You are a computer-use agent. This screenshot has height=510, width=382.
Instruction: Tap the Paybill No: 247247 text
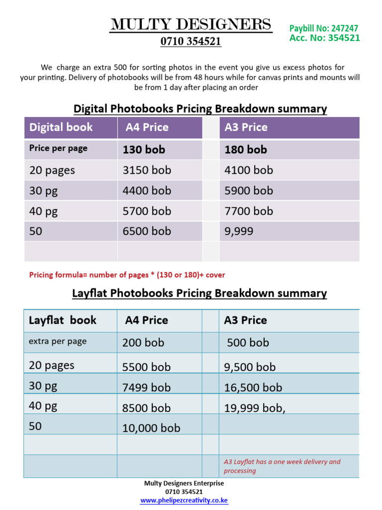click(x=324, y=29)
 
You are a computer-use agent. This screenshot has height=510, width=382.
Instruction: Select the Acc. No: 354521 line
click(x=325, y=38)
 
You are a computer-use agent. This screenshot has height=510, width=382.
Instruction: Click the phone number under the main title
click(x=191, y=42)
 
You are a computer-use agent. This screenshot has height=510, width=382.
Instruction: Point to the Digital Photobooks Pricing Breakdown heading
click(x=200, y=109)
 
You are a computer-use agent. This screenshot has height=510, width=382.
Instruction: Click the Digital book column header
click(x=61, y=127)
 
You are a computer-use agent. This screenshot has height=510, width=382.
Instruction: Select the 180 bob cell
click(x=246, y=149)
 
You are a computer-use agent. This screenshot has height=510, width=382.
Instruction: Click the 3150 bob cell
click(x=147, y=170)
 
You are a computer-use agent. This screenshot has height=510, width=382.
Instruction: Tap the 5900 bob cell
click(x=249, y=191)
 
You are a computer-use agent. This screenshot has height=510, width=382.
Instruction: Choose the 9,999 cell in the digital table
click(x=239, y=231)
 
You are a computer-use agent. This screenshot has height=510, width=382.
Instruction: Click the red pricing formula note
click(x=127, y=275)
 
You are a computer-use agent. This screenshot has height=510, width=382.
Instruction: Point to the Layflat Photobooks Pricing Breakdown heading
click(x=199, y=293)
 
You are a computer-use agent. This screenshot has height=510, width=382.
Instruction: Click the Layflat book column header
click(x=63, y=320)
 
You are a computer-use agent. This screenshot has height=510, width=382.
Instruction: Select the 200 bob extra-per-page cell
click(x=143, y=343)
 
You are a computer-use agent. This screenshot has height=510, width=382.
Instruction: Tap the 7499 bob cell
click(x=146, y=387)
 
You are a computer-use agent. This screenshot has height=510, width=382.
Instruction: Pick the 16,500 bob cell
click(x=253, y=387)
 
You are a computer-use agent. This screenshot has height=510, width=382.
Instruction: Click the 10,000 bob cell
click(x=151, y=428)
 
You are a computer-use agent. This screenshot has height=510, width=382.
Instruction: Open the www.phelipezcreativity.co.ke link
click(x=184, y=501)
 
